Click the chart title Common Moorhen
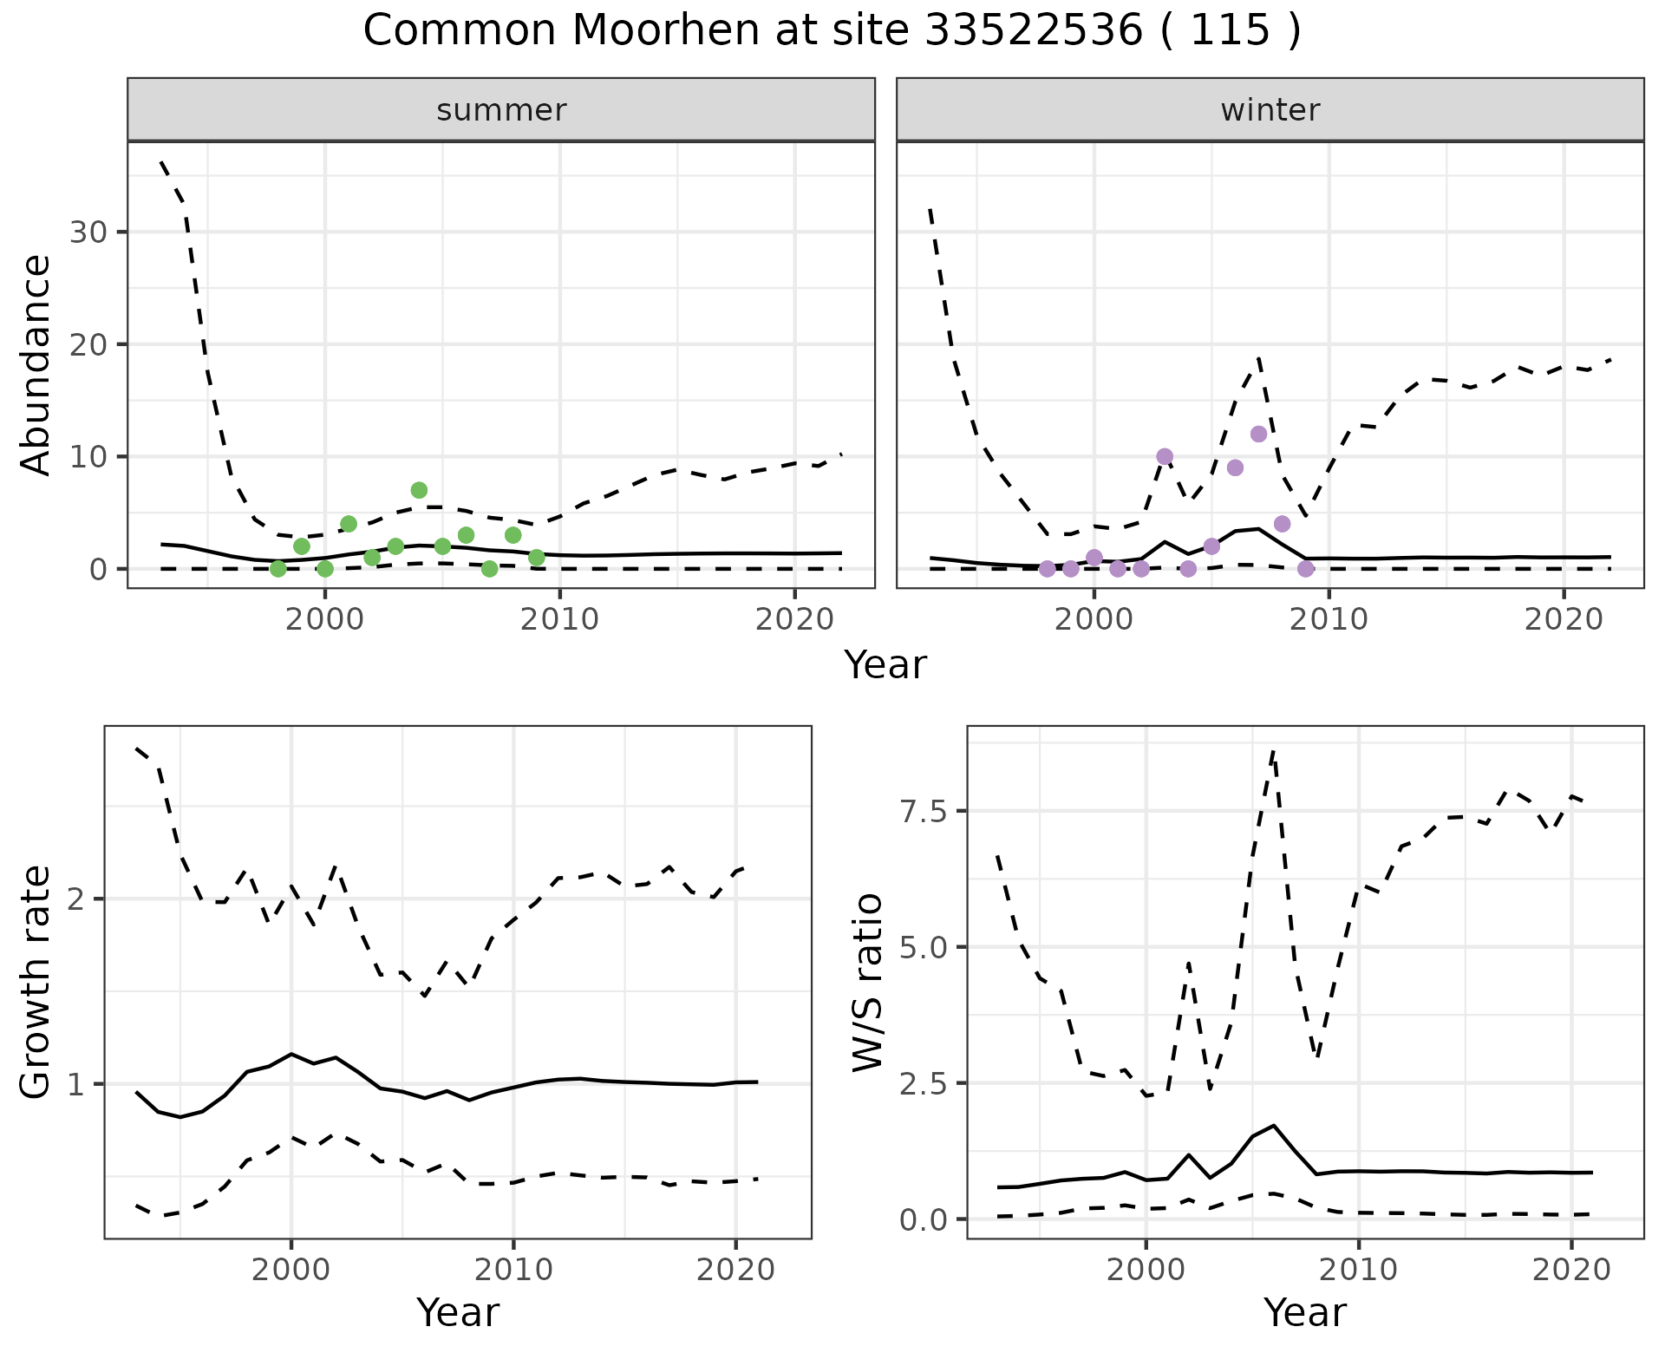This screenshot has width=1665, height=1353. point(832,31)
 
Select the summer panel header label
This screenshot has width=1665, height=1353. point(501,110)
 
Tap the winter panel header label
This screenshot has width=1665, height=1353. point(1270,110)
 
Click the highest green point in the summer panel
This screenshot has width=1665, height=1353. point(419,490)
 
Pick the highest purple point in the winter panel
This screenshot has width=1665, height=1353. point(1258,434)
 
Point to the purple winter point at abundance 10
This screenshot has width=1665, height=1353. point(1165,456)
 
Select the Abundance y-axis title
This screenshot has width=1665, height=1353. point(36,364)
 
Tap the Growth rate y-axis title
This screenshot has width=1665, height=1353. point(36,982)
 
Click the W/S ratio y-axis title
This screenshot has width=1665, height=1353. point(867,982)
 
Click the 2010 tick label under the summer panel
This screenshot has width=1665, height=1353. point(559,619)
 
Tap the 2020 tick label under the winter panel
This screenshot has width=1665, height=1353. point(1564,619)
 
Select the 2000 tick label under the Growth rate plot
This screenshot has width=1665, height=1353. point(291,1270)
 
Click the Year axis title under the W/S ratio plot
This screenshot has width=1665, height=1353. point(1304,1313)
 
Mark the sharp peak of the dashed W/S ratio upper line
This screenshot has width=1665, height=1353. point(1272,751)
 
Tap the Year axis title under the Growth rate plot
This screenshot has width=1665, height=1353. point(458,1313)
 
